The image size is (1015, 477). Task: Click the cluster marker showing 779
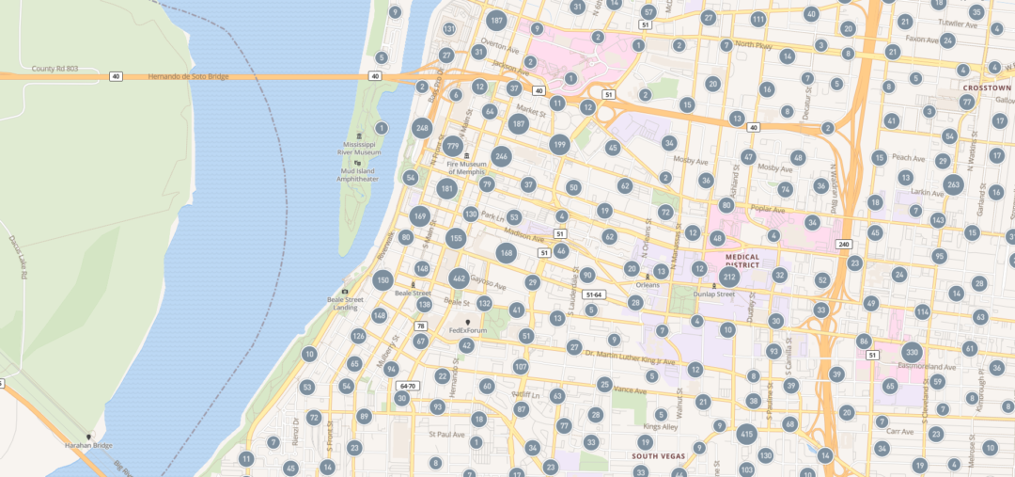pyautogui.click(x=453, y=146)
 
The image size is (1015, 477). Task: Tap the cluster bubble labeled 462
pyautogui.click(x=459, y=278)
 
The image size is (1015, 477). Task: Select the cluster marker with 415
pyautogui.click(x=746, y=434)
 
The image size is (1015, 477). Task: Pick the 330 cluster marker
pyautogui.click(x=912, y=353)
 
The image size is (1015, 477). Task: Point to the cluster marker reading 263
pyautogui.click(x=953, y=184)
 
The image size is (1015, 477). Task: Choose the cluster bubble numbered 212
pyautogui.click(x=729, y=278)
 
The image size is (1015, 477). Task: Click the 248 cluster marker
pyautogui.click(x=422, y=128)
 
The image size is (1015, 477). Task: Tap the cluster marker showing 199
pyautogui.click(x=560, y=144)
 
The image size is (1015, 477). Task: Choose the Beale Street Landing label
pyautogui.click(x=345, y=303)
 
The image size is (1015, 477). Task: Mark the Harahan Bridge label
pyautogui.click(x=87, y=445)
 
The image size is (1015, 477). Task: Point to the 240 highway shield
pyautogui.click(x=843, y=244)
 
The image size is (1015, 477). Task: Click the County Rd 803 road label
pyautogui.click(x=55, y=68)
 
